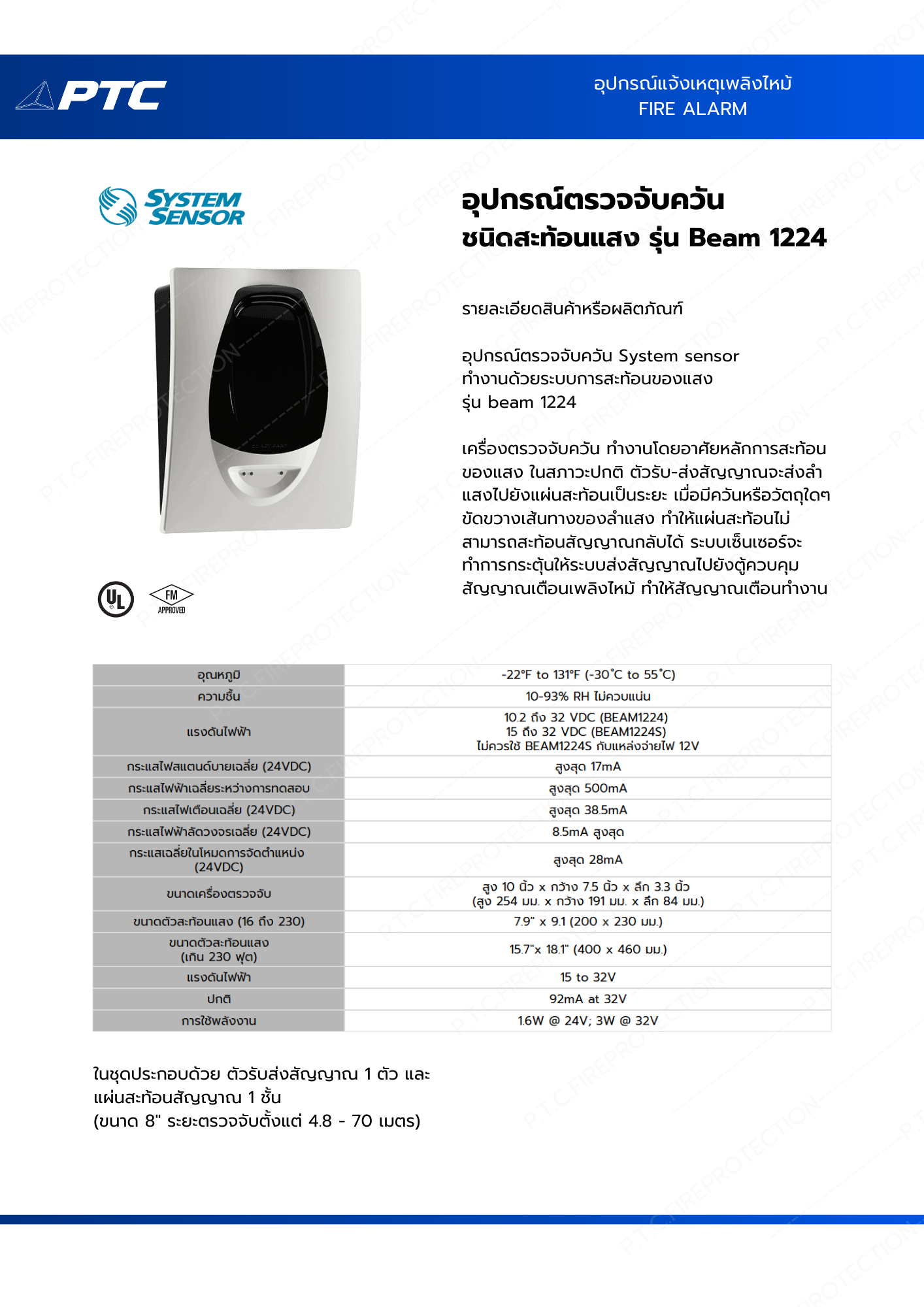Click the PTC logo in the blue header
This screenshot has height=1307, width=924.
click(x=91, y=95)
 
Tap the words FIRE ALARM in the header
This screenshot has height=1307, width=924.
click(x=692, y=109)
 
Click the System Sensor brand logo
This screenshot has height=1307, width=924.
click(x=172, y=207)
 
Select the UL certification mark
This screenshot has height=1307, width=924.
click(x=116, y=599)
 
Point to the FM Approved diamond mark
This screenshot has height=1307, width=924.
click(x=171, y=598)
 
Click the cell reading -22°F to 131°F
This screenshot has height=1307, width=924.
click(x=587, y=674)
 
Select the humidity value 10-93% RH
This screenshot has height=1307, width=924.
click(x=587, y=696)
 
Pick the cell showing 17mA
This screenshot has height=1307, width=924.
click(x=587, y=767)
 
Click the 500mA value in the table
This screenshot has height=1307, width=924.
click(x=587, y=788)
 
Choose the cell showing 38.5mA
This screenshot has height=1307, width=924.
click(x=587, y=810)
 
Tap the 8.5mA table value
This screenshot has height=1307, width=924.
click(x=587, y=832)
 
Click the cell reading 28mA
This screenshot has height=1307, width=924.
click(x=587, y=860)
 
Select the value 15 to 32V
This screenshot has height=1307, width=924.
click(x=587, y=977)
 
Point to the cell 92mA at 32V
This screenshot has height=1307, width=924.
click(x=587, y=999)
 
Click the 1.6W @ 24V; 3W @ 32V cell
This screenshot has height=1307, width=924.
click(x=587, y=1021)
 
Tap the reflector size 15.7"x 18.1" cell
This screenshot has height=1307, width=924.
click(x=587, y=949)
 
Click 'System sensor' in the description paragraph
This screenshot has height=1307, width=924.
click(x=678, y=356)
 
